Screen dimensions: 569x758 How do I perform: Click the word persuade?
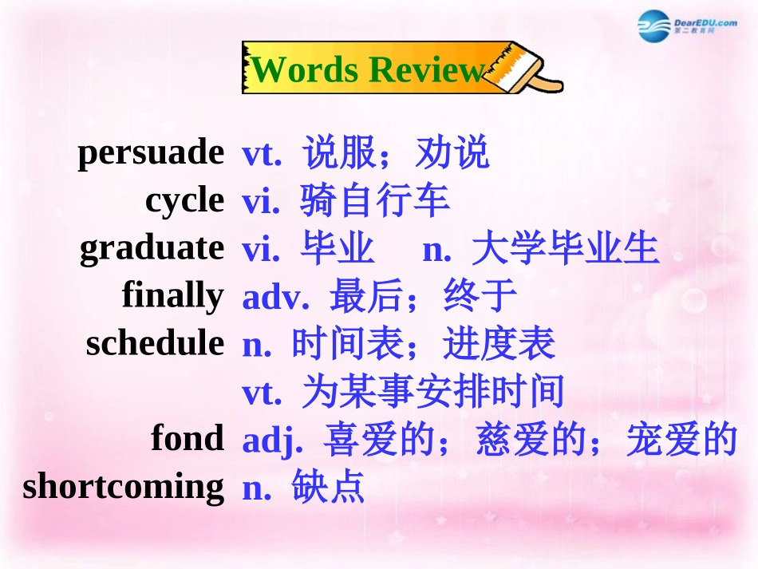click(151, 152)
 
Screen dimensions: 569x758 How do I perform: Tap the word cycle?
click(184, 200)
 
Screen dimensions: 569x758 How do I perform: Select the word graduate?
click(152, 248)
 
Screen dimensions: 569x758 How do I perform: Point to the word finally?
click(173, 296)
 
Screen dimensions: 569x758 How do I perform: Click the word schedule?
click(155, 343)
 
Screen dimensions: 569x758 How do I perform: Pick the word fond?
click(188, 438)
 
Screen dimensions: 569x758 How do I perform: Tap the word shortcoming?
click(124, 486)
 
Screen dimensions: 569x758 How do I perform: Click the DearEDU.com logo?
click(687, 27)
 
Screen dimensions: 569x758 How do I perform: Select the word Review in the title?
click(428, 70)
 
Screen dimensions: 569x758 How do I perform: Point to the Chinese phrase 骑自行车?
click(375, 200)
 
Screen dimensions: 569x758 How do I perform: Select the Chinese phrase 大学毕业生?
click(565, 248)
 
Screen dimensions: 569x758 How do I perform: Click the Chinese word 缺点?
click(328, 486)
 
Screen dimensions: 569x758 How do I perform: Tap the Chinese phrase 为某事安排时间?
click(433, 391)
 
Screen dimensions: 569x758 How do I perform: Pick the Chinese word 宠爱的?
click(681, 439)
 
